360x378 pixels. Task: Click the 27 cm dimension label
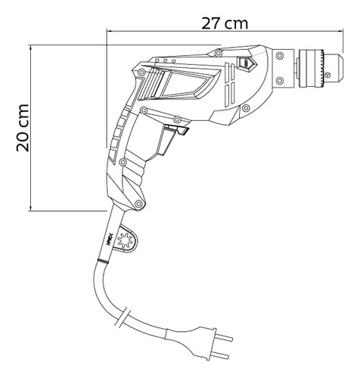[225, 22]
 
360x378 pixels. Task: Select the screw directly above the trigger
[175, 120]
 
